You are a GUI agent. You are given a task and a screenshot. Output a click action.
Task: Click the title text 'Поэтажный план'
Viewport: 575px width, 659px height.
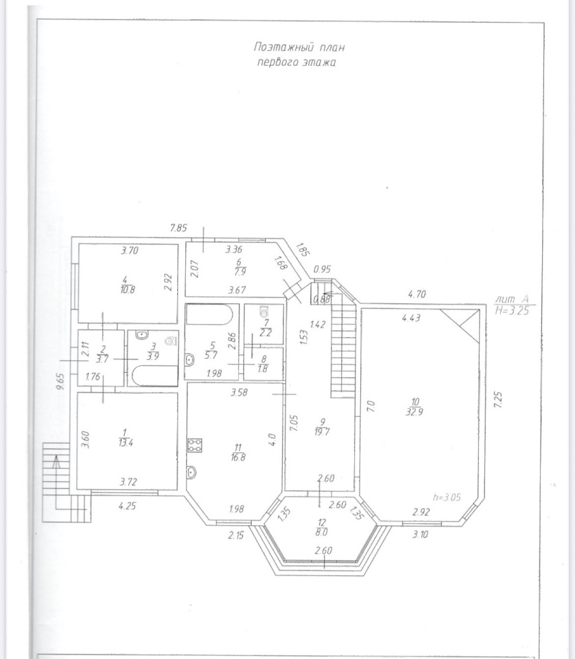coord(299,47)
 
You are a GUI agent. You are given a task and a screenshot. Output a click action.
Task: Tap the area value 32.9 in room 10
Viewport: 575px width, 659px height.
coord(414,413)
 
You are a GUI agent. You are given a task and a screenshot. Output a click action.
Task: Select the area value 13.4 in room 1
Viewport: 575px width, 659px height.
coord(126,443)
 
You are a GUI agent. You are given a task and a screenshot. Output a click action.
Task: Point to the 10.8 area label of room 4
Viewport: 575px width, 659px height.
coord(127,290)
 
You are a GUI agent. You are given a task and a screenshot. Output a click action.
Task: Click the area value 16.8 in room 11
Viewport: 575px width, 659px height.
coord(238,457)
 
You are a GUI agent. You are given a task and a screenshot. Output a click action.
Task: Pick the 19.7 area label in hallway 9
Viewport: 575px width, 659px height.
coord(322,432)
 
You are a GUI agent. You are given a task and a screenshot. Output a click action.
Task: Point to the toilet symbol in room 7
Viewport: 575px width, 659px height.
coord(265,312)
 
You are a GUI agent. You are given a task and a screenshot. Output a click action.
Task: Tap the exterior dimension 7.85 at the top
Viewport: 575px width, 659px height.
coord(178,228)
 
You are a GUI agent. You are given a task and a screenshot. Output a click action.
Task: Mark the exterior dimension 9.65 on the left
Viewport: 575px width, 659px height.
coord(61,382)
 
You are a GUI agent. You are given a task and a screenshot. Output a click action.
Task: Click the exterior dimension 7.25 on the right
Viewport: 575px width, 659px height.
coord(497,400)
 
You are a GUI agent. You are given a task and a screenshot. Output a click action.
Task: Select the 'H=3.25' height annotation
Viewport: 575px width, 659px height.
coord(512,310)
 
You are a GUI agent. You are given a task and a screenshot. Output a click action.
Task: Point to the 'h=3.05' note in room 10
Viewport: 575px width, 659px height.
coord(447,497)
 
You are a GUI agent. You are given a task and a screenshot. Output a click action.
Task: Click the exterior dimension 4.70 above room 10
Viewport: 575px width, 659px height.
coord(417,294)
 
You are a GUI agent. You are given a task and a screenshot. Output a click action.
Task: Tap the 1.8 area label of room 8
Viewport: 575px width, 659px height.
coord(263,369)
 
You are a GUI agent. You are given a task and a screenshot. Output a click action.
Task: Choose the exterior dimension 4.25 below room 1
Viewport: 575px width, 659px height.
coord(127,506)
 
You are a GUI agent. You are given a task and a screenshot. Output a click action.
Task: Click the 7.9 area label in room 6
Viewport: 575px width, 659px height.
coord(239,272)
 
